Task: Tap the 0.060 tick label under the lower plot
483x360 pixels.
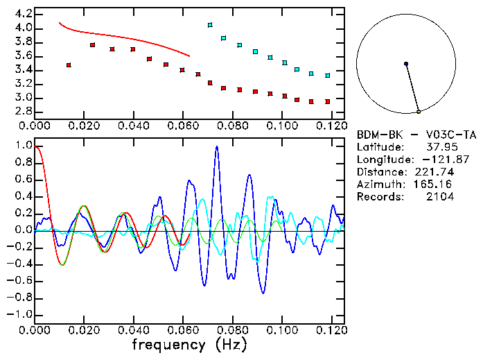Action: [x=183, y=330]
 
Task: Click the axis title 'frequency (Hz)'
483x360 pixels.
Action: [x=189, y=344]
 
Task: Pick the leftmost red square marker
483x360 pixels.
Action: [x=69, y=65]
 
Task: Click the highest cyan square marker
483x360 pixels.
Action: [x=210, y=25]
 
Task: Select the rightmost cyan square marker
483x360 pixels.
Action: [x=327, y=75]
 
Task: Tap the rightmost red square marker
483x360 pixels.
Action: [x=327, y=101]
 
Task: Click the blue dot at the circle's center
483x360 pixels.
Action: [x=406, y=64]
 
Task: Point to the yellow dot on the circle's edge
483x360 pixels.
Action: [x=419, y=111]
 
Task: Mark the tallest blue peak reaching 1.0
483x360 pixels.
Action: [x=217, y=147]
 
